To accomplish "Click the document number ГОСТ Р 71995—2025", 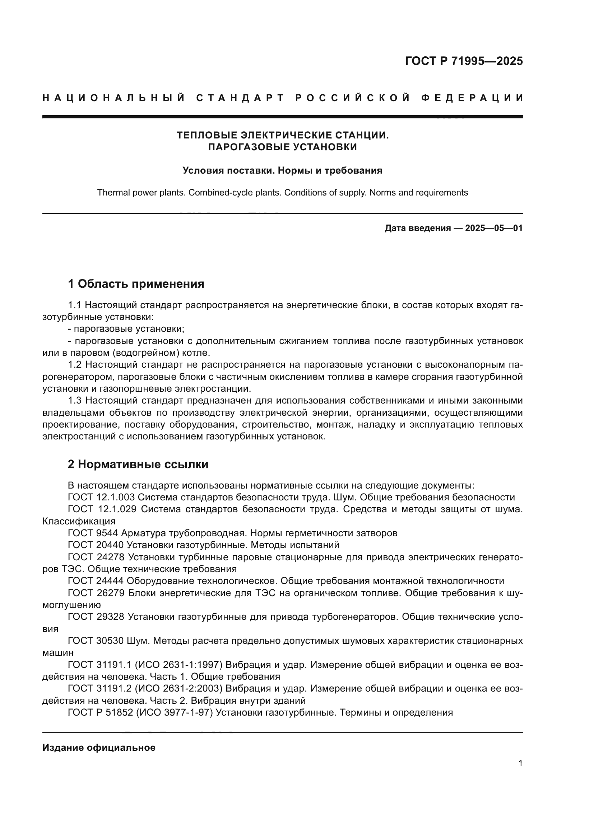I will point(464,61).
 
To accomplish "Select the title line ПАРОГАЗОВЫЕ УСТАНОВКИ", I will point(282,147).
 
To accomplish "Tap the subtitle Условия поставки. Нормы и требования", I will point(282,170).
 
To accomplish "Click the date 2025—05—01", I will point(494,228).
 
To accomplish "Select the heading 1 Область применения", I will point(136,284).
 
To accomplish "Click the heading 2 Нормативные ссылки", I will point(138,464).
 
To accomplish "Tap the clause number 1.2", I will point(75,365).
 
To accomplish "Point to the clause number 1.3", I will point(75,401).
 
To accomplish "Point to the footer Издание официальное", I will point(99,748).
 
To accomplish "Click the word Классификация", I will point(79,521).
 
